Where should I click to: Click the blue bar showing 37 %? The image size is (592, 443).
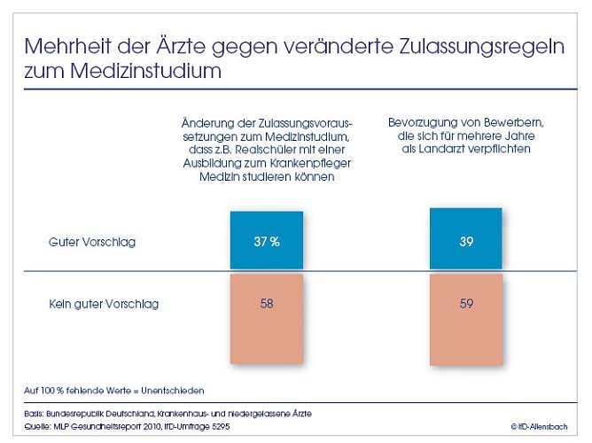point(266,241)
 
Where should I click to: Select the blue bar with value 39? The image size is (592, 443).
point(465,239)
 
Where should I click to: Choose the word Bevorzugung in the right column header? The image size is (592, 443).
point(421,121)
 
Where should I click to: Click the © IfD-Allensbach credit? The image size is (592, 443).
point(541,427)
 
